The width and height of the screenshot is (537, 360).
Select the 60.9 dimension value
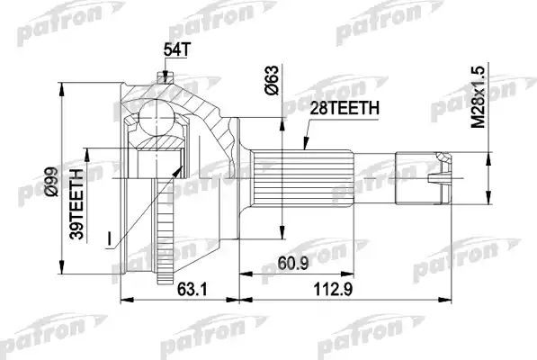pos(287,263)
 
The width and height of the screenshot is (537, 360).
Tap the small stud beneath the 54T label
pos(164,76)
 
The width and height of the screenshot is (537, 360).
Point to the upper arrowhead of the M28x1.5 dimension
pos(488,152)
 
